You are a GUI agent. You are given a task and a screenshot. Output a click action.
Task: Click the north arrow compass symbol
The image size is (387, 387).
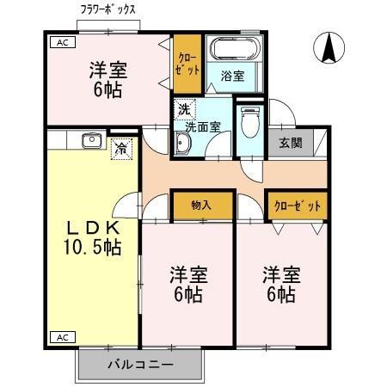(329, 48)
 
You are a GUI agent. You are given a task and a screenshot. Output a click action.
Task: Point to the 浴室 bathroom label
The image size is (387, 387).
(232, 76)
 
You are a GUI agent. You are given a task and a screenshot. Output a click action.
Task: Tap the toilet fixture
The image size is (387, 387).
(249, 124)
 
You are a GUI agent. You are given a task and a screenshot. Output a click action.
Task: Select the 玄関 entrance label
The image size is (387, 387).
(290, 144)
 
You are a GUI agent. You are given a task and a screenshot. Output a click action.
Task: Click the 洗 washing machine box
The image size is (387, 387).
(184, 109)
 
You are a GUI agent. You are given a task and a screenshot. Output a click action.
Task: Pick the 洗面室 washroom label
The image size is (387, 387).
(203, 126)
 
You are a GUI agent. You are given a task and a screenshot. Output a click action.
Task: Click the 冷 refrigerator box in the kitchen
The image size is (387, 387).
(123, 147)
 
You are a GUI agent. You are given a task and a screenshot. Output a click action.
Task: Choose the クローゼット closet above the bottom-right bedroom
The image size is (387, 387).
(298, 206)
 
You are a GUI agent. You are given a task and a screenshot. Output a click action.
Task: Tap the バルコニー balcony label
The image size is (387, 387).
(140, 364)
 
